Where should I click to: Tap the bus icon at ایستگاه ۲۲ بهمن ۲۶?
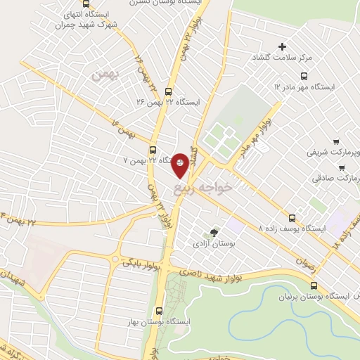(167, 91)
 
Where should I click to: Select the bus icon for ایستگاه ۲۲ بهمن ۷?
(153, 149)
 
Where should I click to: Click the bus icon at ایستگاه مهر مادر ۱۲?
(304, 76)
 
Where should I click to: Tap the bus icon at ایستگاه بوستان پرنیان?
(313, 286)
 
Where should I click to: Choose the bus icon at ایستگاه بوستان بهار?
(158, 310)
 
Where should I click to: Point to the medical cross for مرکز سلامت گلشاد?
(283, 47)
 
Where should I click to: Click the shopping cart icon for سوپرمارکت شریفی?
(336, 141)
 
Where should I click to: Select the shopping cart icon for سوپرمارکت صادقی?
(342, 168)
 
